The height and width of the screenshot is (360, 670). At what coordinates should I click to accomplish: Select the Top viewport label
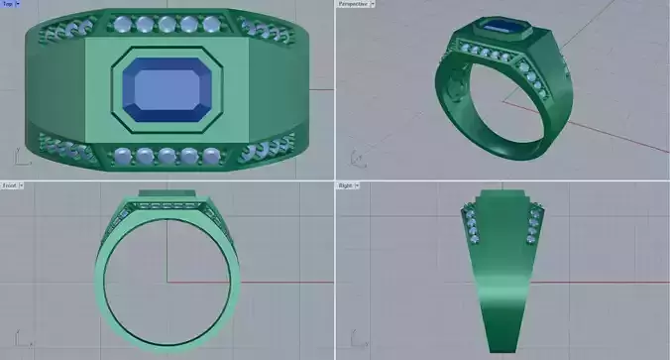[x=8, y=4]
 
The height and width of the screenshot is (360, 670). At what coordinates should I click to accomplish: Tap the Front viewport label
[x=9, y=185]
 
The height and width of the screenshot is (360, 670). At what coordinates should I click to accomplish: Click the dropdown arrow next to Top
[x=18, y=4]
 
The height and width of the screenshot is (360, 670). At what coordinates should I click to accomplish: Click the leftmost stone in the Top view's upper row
[x=122, y=24]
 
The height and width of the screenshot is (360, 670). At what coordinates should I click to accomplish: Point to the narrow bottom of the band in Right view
[x=502, y=342]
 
